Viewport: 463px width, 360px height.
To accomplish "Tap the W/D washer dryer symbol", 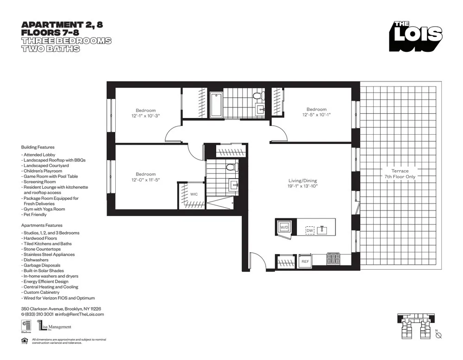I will tap(284, 227).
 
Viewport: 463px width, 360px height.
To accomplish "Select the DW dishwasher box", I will tap(310, 230).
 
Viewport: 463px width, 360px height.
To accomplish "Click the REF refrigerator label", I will tap(305, 261).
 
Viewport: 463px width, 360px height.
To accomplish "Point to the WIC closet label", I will tap(194, 194).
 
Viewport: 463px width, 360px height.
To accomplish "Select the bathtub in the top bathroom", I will tap(216, 105).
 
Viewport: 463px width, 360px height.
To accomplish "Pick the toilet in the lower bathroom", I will tap(231, 167).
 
